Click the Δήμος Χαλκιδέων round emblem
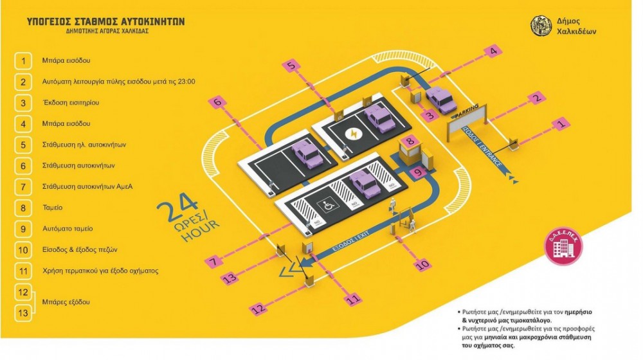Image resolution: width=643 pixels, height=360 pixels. pos(541,25)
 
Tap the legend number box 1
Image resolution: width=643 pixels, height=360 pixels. pos(23,61)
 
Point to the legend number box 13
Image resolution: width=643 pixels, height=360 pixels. pos(23,313)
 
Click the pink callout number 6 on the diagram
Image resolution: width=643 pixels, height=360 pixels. pos(217,102)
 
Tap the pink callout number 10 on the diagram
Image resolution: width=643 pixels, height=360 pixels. pos(422,264)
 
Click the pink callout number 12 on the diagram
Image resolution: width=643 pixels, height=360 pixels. pos(258,310)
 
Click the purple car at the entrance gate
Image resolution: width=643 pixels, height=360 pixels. pos(441,99)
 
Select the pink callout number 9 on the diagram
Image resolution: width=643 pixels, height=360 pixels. pos(417,172)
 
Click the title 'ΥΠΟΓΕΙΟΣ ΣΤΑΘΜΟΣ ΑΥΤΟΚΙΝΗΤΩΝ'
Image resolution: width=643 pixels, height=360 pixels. pos(106,21)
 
